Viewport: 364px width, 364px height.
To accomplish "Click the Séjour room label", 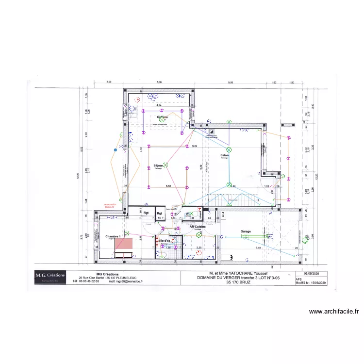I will (x=158, y=165).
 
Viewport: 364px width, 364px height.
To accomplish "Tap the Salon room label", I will (x=225, y=155).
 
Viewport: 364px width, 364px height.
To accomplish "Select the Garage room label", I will (x=246, y=232).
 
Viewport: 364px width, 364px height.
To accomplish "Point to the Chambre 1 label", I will (x=113, y=236).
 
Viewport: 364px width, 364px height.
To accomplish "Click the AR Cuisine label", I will (x=198, y=226).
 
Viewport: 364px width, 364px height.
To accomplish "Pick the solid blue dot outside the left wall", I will (x=115, y=150).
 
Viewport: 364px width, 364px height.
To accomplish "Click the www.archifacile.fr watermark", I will (x=333, y=312).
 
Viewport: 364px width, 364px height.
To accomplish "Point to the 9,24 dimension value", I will (x=195, y=146).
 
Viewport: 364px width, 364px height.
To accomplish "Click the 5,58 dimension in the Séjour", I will (x=168, y=186).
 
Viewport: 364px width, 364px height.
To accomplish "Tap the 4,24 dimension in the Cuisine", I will (x=158, y=105).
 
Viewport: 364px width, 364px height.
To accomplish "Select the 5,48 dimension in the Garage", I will (x=259, y=248).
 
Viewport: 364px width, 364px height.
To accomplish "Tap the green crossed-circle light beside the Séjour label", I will (x=165, y=165).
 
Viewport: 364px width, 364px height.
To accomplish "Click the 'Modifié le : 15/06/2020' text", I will (x=311, y=282).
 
